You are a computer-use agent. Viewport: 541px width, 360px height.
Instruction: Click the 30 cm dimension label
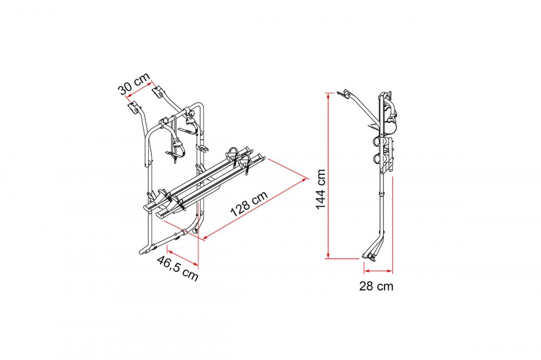[x=135, y=84]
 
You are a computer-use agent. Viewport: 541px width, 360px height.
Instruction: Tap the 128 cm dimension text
[x=249, y=203]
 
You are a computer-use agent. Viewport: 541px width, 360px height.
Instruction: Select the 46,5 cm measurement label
[x=177, y=269]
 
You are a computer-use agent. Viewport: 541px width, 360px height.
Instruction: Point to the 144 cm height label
[x=320, y=189]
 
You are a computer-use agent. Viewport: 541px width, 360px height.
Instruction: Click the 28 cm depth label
[x=376, y=286]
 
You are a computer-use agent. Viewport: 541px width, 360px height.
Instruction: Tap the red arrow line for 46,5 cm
[x=183, y=256]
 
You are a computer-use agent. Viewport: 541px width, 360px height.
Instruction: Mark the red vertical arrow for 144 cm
[x=328, y=175]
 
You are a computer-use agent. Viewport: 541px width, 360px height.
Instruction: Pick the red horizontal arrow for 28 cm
[x=378, y=271]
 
